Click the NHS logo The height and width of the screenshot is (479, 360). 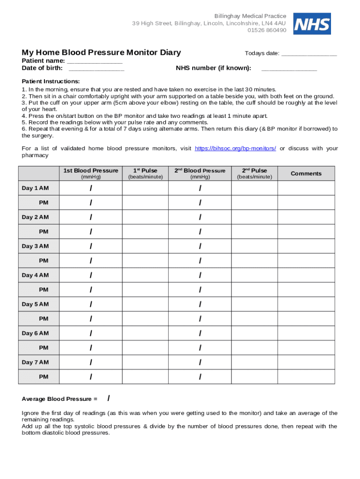tap(312, 24)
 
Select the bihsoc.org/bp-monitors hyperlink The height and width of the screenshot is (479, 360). tap(235, 148)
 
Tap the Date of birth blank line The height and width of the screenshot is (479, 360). tap(96, 68)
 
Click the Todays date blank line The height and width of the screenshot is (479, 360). tap(309, 53)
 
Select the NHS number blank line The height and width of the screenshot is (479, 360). tap(289, 68)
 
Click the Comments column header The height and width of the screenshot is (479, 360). tap(306, 174)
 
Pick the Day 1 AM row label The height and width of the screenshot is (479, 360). tap(35, 188)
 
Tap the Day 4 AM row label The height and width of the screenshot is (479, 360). tap(35, 275)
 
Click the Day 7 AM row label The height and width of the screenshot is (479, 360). tap(35, 362)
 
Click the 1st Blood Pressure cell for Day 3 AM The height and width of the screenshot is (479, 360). tap(91, 246)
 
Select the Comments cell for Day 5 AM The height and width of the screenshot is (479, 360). tap(306, 304)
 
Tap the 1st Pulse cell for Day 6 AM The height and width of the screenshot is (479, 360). tap(145, 333)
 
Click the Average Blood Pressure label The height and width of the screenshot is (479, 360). tap(59, 399)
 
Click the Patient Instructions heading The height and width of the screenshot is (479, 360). tap(51, 81)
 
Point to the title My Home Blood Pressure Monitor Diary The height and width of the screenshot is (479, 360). tap(101, 52)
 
